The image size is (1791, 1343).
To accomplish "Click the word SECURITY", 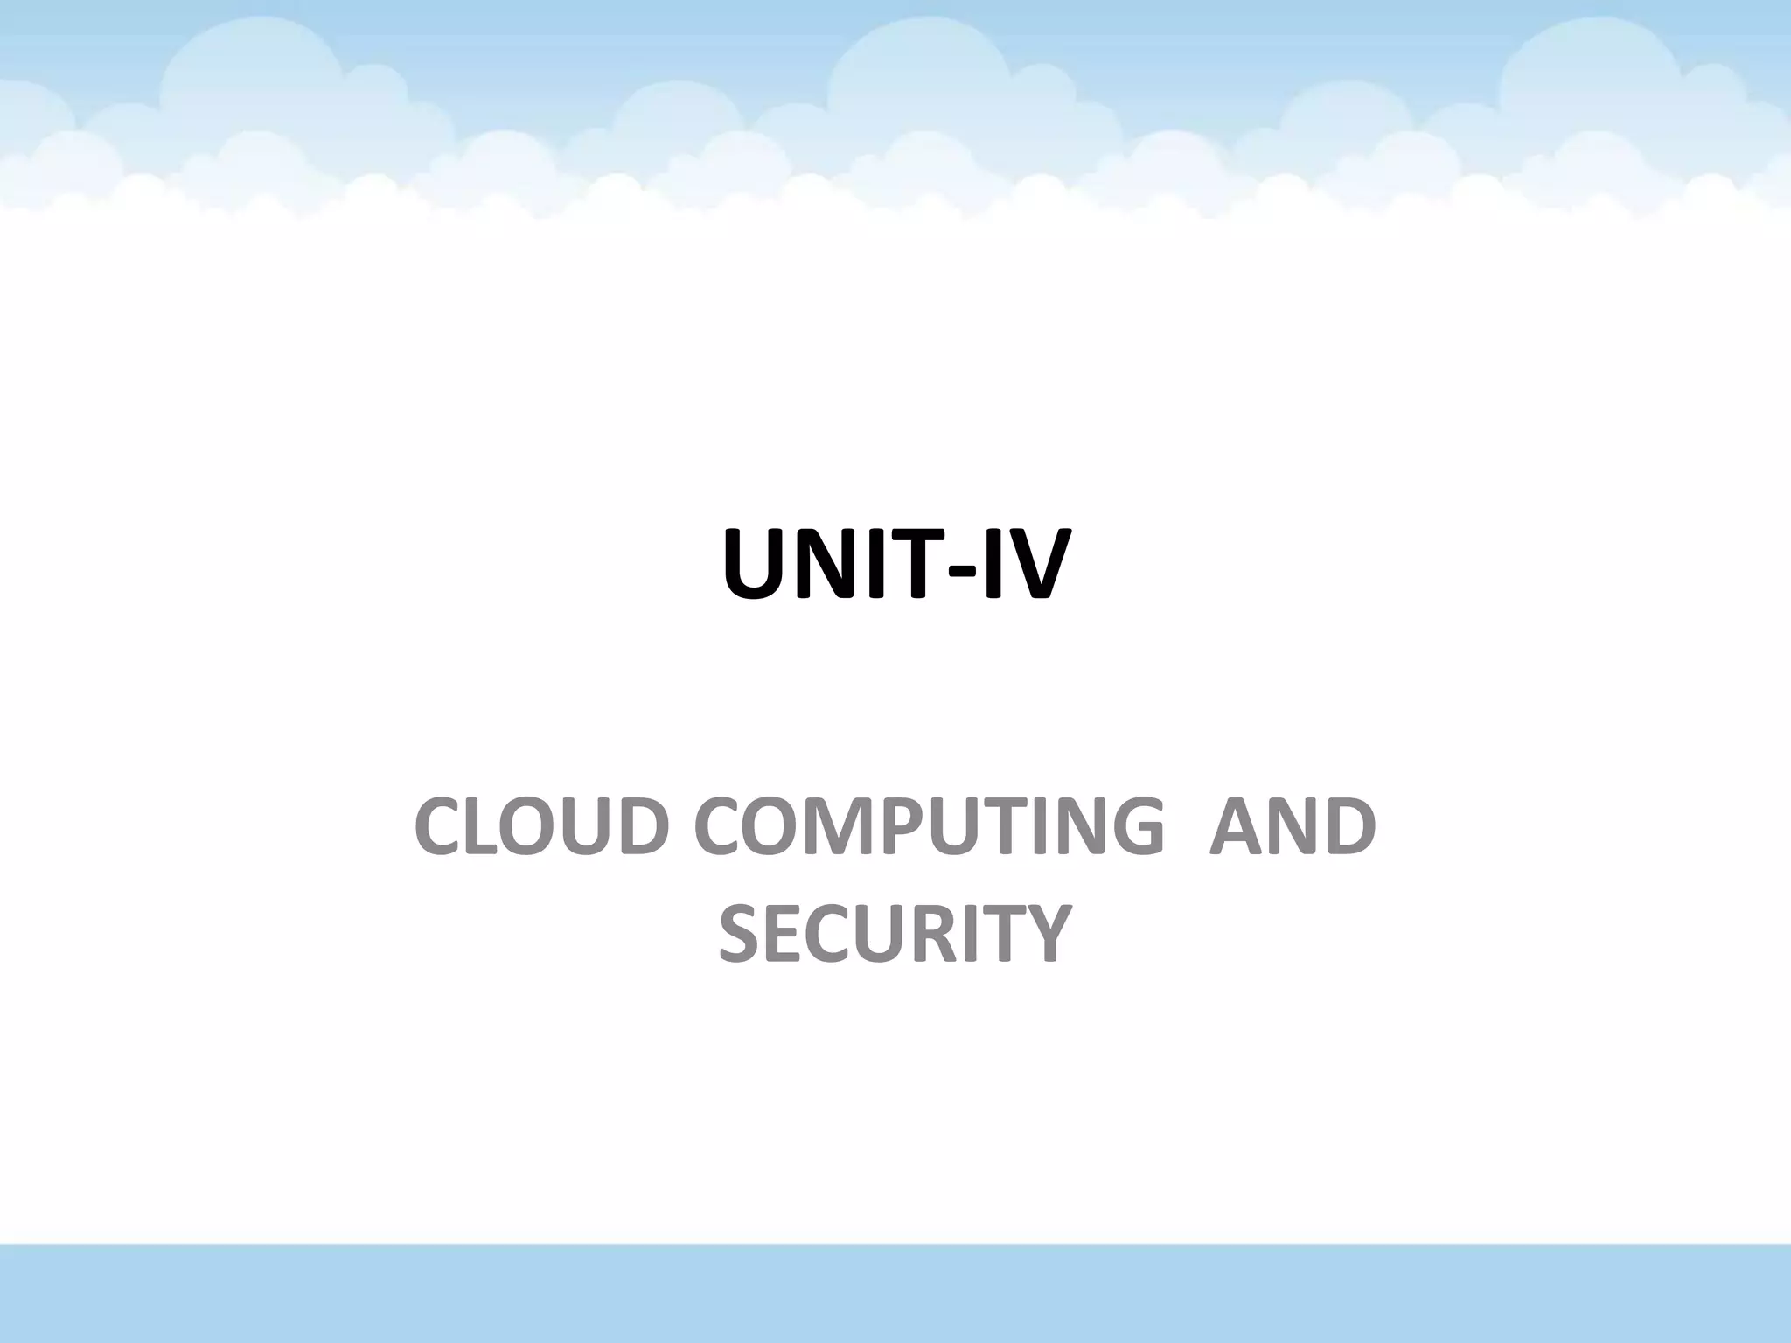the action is tap(895, 932).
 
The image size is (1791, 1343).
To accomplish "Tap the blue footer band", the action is tap(895, 1294).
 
